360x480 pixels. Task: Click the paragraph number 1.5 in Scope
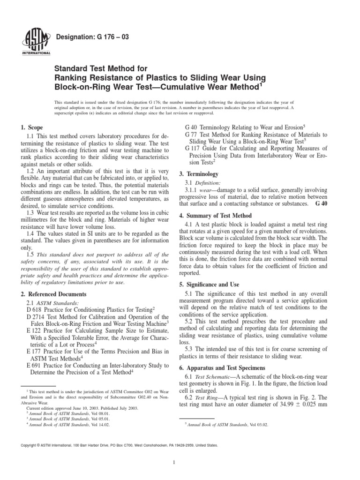pyautogui.click(x=31, y=254)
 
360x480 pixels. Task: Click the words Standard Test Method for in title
pyautogui.click(x=94, y=67)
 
